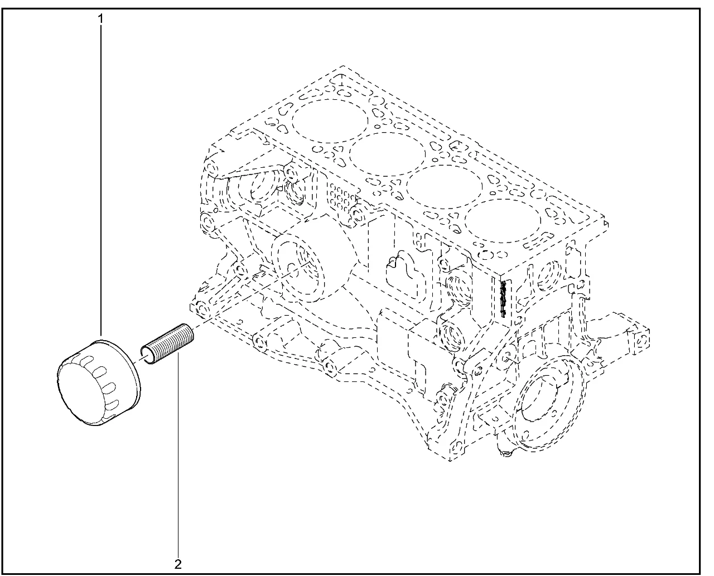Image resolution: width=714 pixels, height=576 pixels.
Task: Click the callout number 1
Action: [100, 19]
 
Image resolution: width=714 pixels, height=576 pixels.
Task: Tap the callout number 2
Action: [178, 564]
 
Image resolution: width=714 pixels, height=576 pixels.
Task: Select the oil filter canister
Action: [99, 383]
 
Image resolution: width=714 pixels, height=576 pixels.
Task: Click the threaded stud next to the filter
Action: [167, 344]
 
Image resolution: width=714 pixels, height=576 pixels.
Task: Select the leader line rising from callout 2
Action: [178, 454]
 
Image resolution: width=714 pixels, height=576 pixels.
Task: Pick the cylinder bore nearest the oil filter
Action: [330, 120]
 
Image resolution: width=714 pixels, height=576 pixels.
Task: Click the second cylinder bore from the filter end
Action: [387, 154]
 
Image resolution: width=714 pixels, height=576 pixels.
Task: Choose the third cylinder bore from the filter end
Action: [445, 187]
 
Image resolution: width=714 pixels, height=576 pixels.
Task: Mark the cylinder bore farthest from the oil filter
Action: [503, 221]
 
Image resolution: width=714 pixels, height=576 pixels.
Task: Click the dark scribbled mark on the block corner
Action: [503, 299]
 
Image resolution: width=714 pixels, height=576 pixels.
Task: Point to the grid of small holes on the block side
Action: [341, 200]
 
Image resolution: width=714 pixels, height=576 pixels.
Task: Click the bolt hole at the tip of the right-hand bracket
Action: [641, 341]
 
